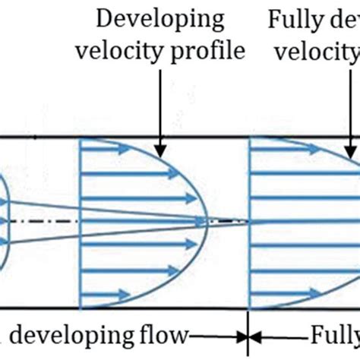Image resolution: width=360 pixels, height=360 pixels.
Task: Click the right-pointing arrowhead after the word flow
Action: [242, 334]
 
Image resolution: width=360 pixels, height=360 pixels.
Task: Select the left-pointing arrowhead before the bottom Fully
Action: [257, 334]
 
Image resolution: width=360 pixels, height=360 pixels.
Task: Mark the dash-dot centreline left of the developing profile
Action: [46, 222]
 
